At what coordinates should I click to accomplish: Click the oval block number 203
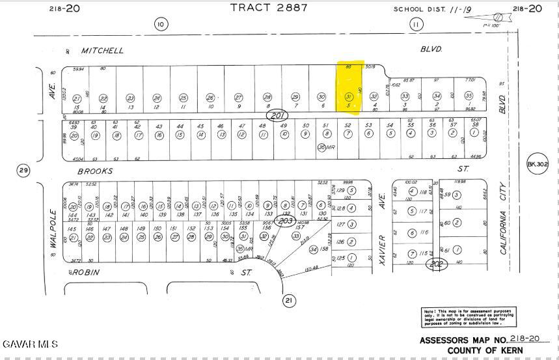coord(284,220)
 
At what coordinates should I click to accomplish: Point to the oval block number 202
coord(436,264)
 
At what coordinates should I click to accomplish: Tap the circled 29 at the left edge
coord(24,171)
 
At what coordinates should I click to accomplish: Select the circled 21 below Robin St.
coord(289,300)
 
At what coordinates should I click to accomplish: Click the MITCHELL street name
coord(102,50)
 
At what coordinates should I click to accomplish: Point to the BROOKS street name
coord(95,171)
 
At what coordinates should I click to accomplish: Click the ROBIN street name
coord(85,273)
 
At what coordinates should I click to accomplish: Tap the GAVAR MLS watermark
coord(30,344)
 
